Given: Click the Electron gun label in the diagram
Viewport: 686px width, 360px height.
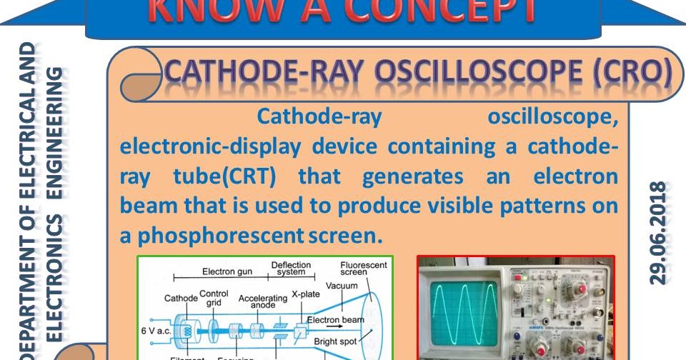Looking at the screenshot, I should tap(227, 271).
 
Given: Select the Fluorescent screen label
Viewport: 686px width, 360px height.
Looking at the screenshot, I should tap(364, 269).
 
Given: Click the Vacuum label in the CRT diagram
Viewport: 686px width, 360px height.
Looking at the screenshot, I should tap(342, 286).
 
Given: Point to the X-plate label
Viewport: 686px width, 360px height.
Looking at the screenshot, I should tap(305, 294).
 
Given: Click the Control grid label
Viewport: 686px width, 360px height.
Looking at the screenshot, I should tap(214, 298).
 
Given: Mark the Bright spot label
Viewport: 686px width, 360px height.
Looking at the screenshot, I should tap(338, 342).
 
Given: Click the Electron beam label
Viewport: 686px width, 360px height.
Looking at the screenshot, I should tap(336, 319).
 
